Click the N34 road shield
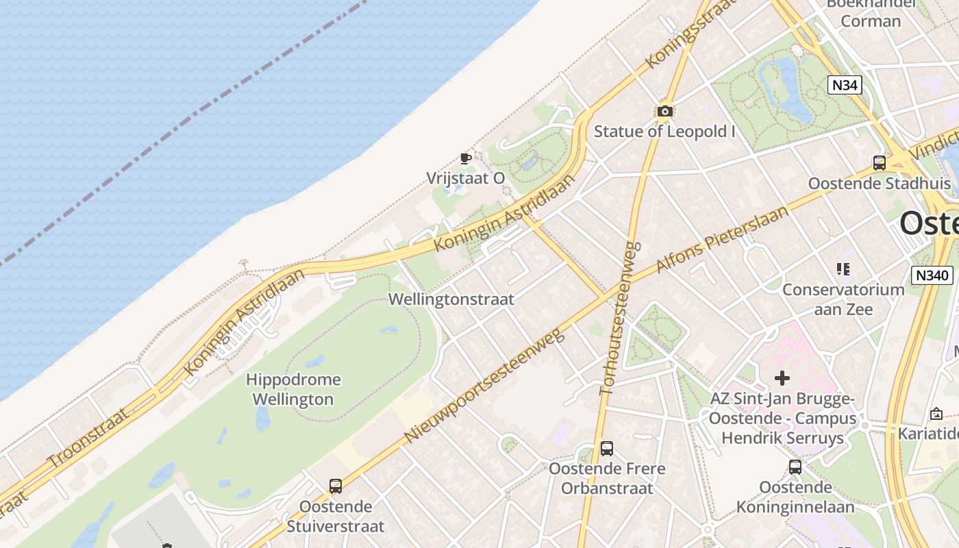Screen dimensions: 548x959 point(844,85)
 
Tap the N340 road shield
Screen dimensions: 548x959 point(932,275)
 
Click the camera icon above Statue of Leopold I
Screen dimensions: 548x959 point(664,111)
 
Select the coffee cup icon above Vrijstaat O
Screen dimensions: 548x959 point(466,159)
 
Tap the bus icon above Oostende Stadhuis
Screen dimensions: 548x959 point(880,163)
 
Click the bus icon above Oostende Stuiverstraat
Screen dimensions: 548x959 point(336,486)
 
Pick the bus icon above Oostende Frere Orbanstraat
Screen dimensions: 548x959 point(607,449)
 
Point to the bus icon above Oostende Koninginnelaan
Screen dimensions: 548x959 point(795,467)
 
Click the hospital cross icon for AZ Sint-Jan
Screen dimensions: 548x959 point(782,377)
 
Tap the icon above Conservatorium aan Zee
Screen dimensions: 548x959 point(843,269)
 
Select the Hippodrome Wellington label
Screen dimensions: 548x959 point(293,389)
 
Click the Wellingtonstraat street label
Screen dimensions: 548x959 point(451,299)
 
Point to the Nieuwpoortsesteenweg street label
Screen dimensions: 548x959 point(484,385)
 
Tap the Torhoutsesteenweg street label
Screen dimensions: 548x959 point(619,318)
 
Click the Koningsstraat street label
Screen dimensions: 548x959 point(682,36)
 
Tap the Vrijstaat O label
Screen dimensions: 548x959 point(466,178)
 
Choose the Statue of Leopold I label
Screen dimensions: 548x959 point(664,131)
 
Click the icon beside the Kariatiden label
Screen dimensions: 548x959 point(936,414)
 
